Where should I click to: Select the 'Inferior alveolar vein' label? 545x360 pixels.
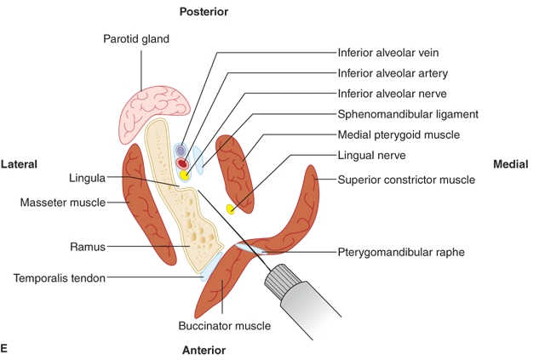click(x=390, y=53)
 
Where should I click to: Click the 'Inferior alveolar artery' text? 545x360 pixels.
click(x=393, y=73)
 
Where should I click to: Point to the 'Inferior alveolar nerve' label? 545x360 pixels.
click(x=393, y=94)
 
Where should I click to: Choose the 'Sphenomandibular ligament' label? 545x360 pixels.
click(x=408, y=114)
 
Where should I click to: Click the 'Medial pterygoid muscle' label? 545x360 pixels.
click(x=399, y=134)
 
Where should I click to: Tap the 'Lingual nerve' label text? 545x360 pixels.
click(x=370, y=156)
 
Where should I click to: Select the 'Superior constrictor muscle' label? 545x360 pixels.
click(x=406, y=180)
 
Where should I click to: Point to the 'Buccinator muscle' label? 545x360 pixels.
click(x=224, y=325)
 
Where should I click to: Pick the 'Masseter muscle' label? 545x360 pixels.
click(x=62, y=203)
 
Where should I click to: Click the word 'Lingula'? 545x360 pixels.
click(x=87, y=179)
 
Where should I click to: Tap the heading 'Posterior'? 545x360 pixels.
click(x=204, y=12)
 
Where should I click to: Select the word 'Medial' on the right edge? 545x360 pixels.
click(x=510, y=163)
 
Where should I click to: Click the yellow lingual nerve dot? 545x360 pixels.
click(x=230, y=209)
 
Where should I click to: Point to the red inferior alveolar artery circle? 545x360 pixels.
click(x=181, y=163)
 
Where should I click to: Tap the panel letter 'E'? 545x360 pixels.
click(x=5, y=348)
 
